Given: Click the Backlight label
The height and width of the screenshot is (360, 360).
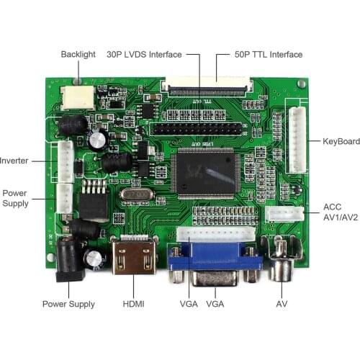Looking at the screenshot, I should click(x=78, y=55).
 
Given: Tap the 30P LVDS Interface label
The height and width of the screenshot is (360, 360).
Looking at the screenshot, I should click(x=144, y=55).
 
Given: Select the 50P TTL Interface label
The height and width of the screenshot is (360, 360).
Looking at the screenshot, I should click(x=269, y=55).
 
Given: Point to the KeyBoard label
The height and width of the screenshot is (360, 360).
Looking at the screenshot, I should click(x=341, y=141).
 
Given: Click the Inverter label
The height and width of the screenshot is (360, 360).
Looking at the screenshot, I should click(x=14, y=161).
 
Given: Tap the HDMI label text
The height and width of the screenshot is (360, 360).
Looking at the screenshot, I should click(x=133, y=305).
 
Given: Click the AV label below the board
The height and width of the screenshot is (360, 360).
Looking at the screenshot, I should click(x=282, y=305).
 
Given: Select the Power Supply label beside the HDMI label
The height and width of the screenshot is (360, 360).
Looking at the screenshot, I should click(x=68, y=305).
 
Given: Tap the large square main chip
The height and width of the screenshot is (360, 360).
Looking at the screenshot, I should click(x=205, y=174).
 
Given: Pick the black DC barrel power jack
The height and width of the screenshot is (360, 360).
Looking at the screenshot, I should click(x=69, y=258).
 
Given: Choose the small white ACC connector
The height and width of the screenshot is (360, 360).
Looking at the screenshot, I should click(x=282, y=214).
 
